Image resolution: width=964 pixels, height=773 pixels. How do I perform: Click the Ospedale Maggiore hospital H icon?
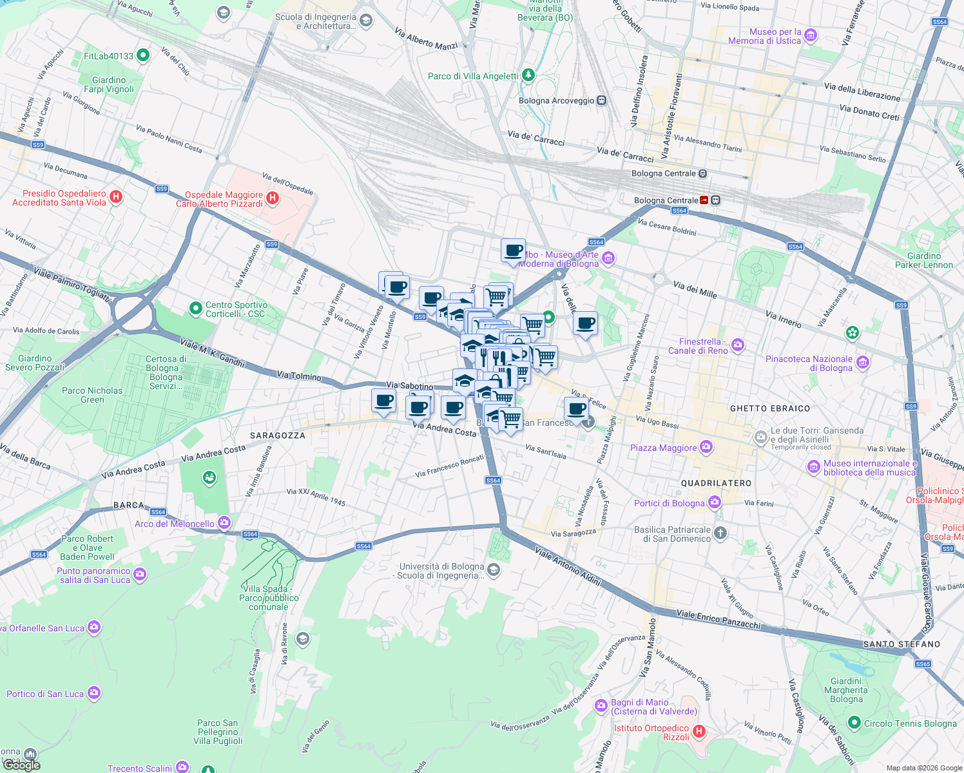[x=273, y=198]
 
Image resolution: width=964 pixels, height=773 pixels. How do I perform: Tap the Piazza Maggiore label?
[x=663, y=448]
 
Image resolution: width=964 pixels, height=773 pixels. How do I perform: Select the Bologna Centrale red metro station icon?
[x=704, y=200]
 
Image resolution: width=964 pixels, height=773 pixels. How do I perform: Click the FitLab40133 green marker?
[x=143, y=56]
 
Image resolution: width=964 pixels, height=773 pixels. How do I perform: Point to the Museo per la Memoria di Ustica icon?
[x=811, y=35]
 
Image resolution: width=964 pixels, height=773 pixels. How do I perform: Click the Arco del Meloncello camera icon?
[x=224, y=522]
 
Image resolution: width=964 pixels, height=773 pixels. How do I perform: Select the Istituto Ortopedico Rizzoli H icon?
[x=699, y=732]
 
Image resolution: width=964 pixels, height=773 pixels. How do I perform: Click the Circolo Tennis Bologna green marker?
[x=854, y=723]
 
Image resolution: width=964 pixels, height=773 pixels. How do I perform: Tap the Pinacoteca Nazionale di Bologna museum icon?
[x=862, y=363]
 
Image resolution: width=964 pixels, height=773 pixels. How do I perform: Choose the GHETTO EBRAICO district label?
[x=770, y=408]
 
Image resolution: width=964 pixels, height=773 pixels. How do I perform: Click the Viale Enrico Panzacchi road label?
[x=718, y=618]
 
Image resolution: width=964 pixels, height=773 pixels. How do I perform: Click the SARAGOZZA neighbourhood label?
[x=278, y=435]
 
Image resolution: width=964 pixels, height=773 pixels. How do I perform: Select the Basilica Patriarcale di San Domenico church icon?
[x=720, y=533]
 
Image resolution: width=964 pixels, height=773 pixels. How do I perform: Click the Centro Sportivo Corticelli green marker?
[x=196, y=309]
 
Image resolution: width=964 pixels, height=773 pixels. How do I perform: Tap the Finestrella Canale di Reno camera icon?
[x=738, y=345]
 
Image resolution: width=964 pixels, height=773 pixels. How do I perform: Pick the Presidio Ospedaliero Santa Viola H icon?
[x=116, y=197]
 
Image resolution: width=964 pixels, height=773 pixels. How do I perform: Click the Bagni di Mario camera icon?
[x=601, y=706]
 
